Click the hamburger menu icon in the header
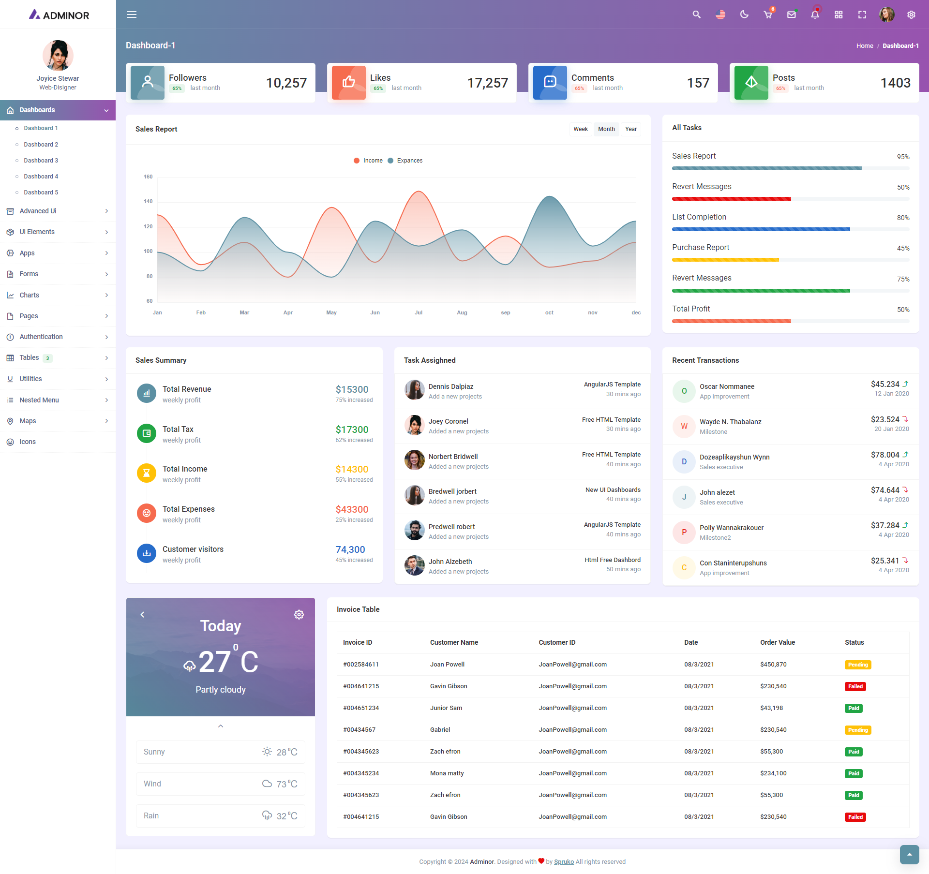(132, 15)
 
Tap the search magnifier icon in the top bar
(696, 15)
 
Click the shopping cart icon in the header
(768, 15)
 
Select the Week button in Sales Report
(580, 129)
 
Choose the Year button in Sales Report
(630, 129)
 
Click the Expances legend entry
(409, 161)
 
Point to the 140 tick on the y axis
(148, 201)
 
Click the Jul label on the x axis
(419, 312)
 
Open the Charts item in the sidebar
(30, 295)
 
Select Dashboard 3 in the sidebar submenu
(41, 161)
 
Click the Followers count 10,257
(286, 83)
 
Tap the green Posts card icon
(751, 82)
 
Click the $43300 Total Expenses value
(352, 509)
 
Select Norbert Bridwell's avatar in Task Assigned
(414, 460)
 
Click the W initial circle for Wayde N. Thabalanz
(684, 426)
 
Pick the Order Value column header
(778, 642)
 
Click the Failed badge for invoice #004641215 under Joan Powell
(855, 686)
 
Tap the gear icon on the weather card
(299, 614)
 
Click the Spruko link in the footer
(564, 861)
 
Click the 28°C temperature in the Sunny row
(287, 752)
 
